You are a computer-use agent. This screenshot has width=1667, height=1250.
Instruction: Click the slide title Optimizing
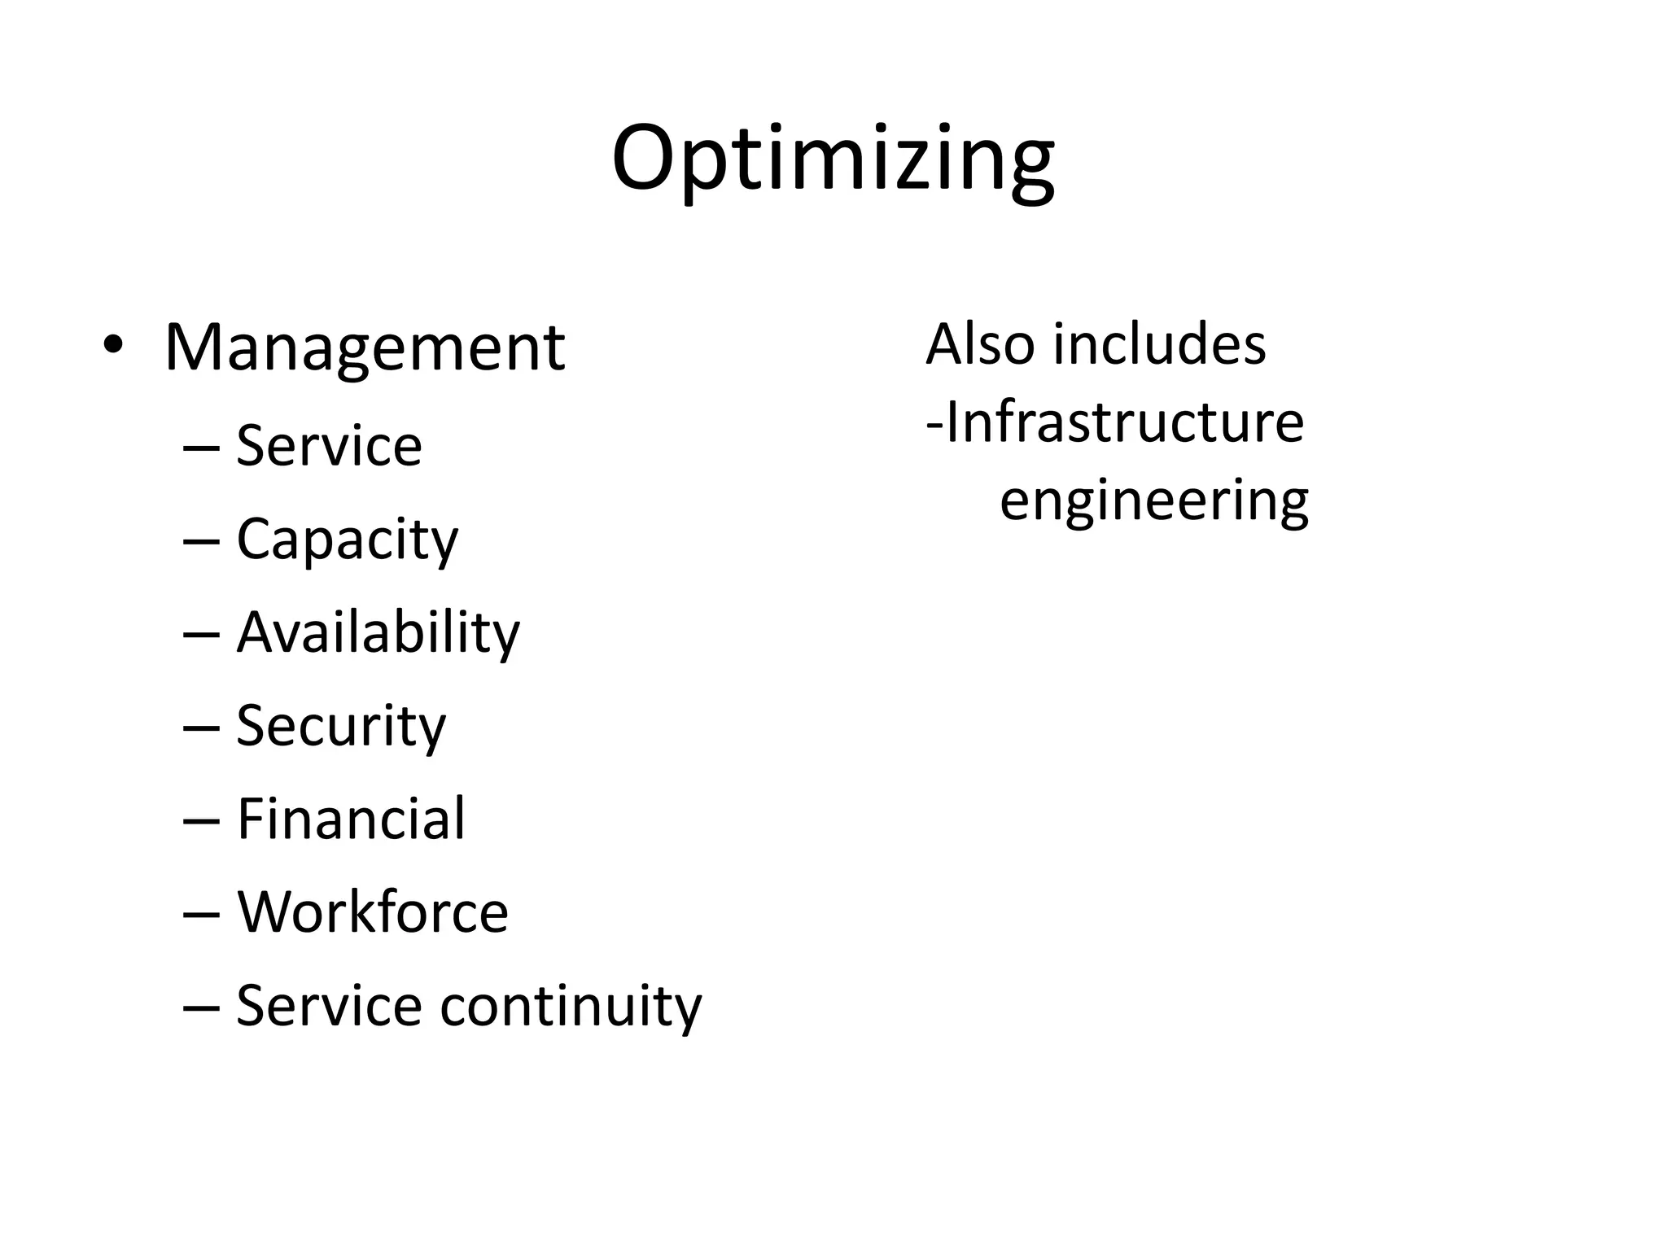(833, 159)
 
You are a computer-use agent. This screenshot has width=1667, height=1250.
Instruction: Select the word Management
(364, 348)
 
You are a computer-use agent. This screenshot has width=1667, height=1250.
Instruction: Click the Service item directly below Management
(329, 446)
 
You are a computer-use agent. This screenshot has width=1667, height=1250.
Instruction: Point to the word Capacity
(347, 540)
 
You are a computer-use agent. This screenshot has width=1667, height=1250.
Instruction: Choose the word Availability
(378, 632)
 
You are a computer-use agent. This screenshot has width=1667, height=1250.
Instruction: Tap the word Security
(341, 726)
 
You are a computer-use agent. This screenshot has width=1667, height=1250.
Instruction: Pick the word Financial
(351, 819)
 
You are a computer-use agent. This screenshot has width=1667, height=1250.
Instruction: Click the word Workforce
(373, 911)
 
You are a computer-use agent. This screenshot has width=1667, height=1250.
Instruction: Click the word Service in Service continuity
(329, 1006)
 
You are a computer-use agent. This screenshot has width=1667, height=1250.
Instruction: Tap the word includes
(1159, 344)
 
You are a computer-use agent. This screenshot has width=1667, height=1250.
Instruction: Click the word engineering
(1154, 500)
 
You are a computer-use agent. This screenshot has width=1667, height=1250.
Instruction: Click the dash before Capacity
(202, 541)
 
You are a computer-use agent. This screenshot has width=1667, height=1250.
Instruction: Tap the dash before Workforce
(202, 913)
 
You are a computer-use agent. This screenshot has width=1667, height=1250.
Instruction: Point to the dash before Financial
(202, 820)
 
